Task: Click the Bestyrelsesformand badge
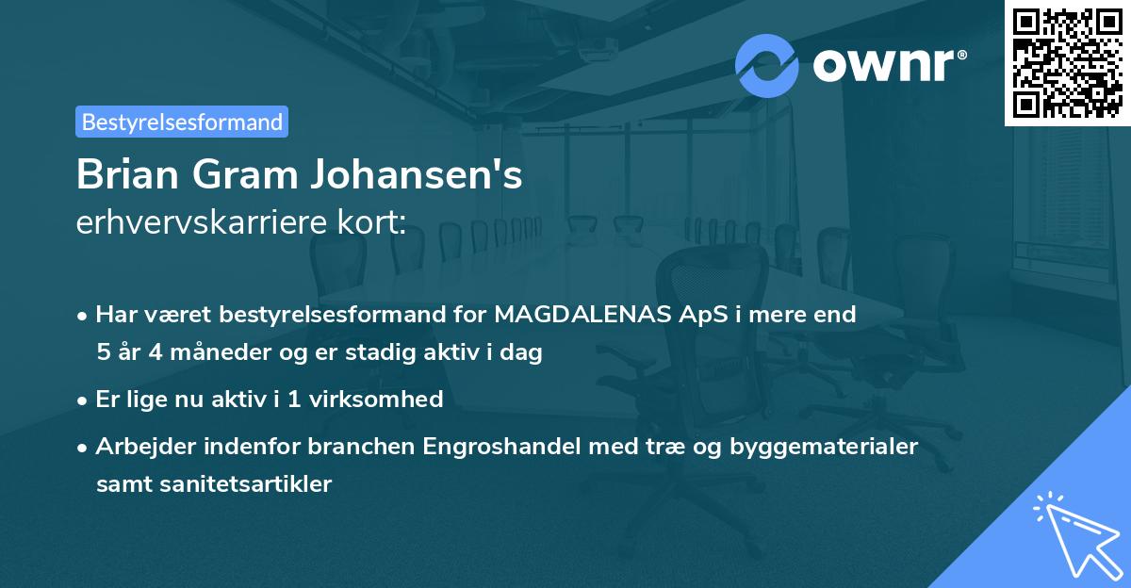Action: pos(182,122)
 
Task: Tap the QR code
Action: pos(1067,62)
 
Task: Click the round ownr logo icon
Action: pos(767,65)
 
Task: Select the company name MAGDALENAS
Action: pos(577,314)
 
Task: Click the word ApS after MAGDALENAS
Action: pos(681,314)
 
